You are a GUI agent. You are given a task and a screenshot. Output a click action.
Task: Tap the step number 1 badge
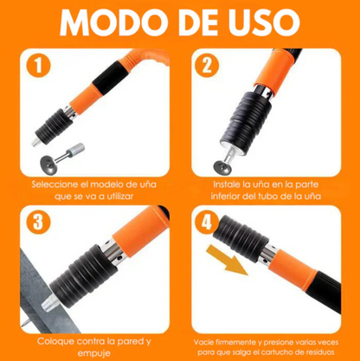coord(36,66)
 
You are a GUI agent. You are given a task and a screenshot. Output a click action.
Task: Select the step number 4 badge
coord(206,222)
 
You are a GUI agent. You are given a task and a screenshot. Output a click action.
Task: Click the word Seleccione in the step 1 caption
coord(59,184)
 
